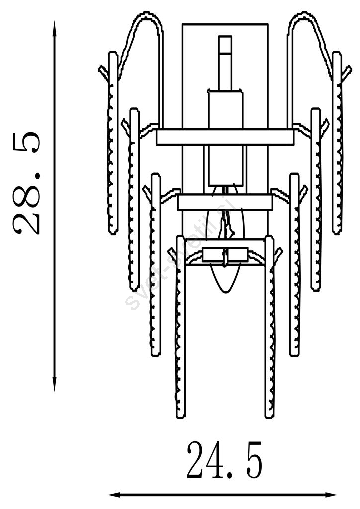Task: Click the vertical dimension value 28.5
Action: pyautogui.click(x=26, y=182)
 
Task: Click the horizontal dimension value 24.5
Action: pyautogui.click(x=224, y=461)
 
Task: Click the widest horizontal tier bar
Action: pyautogui.click(x=225, y=137)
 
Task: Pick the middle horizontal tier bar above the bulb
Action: pyautogui.click(x=225, y=202)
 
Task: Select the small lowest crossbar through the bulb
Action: pyautogui.click(x=225, y=255)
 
